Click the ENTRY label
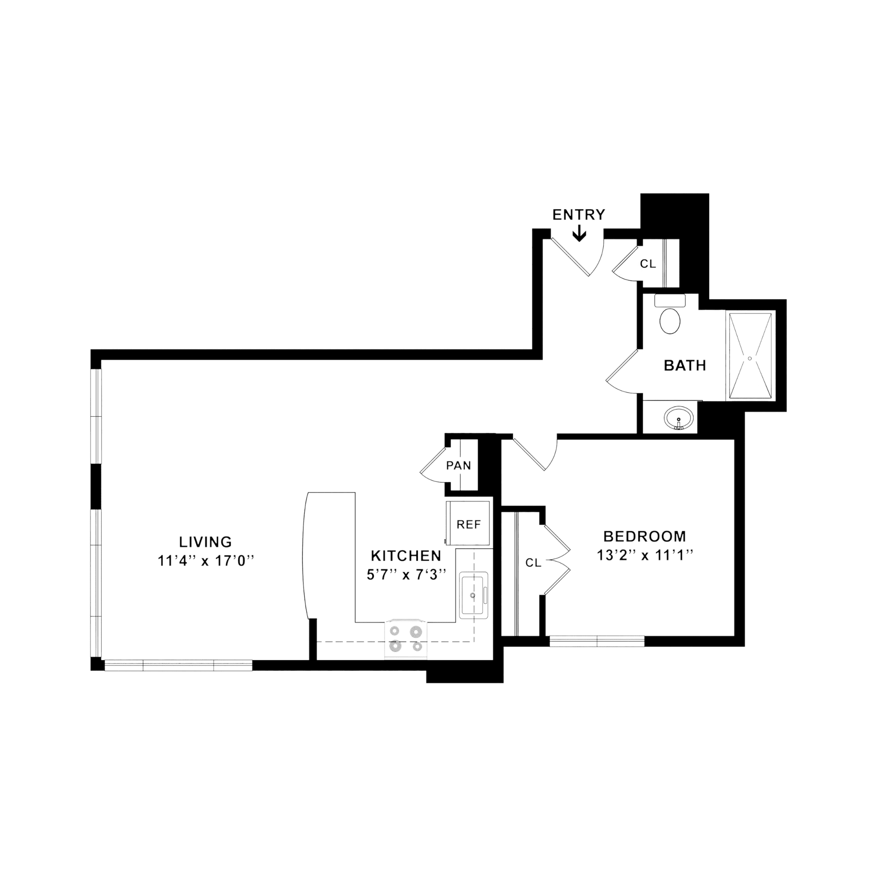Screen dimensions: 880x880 [578, 214]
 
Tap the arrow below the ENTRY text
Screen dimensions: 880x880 [579, 233]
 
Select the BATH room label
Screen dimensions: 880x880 [685, 365]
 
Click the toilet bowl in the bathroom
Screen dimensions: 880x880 [670, 321]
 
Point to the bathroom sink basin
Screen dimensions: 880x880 [680, 418]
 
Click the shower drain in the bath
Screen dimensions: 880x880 [750, 358]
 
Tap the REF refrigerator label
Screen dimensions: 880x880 [468, 524]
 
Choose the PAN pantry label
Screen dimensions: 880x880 [458, 465]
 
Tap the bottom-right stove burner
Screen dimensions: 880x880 [417, 647]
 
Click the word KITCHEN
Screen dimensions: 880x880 [406, 556]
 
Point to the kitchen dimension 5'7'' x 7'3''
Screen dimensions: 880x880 [406, 575]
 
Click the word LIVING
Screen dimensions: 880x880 [205, 542]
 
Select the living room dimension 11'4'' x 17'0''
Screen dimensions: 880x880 [205, 561]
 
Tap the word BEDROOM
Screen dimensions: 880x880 [644, 536]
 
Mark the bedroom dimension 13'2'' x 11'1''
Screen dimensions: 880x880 [644, 555]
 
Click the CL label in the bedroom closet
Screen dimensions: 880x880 [533, 563]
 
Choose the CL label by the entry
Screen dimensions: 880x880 [648, 264]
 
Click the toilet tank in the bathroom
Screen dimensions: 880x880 [670, 300]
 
